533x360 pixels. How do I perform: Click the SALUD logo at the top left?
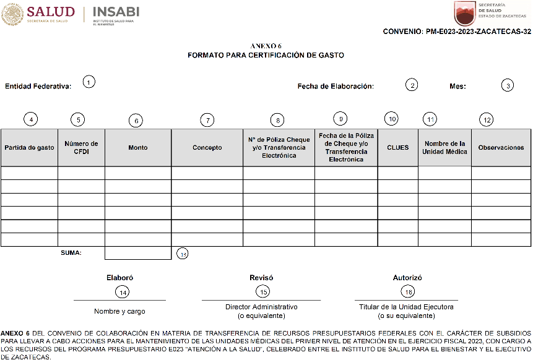coord(38,14)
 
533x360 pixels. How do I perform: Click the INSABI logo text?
coord(116,12)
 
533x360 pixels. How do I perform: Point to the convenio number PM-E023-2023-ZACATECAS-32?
coord(457,32)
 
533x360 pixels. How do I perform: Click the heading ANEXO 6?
coord(266,46)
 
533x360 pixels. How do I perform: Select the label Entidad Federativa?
coord(38,87)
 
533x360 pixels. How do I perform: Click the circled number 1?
coord(89,82)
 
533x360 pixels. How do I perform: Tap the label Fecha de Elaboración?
coord(336,87)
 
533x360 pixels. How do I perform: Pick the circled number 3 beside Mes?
coord(508,86)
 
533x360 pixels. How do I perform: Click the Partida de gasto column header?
coord(29,148)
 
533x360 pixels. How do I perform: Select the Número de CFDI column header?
coord(81,148)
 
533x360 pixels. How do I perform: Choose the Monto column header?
coord(138,148)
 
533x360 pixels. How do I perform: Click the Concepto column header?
coord(207,148)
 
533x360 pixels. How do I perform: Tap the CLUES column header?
coord(397,148)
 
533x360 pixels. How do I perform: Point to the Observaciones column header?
coord(501,148)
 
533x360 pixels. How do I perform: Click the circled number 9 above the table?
coord(339,118)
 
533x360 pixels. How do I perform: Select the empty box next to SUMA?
coord(138,252)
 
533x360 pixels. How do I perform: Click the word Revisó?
coord(261,278)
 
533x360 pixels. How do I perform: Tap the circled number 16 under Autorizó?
coord(407,292)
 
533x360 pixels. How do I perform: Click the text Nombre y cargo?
coord(119,311)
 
